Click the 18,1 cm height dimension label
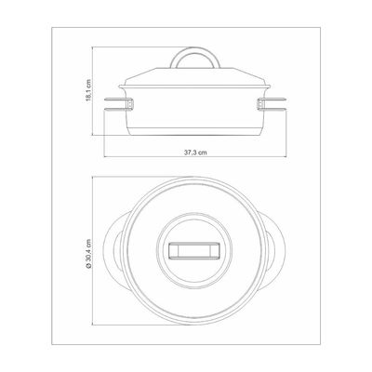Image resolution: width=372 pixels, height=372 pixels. pyautogui.click(x=88, y=90)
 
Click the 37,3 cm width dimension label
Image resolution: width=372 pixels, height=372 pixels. pyautogui.click(x=195, y=153)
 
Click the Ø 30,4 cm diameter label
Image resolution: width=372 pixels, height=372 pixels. pyautogui.click(x=89, y=254)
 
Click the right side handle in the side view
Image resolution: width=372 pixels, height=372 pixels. pyautogui.click(x=272, y=104)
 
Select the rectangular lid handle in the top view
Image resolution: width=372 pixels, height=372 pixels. pyautogui.click(x=194, y=251)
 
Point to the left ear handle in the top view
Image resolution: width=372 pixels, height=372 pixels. pyautogui.click(x=113, y=251)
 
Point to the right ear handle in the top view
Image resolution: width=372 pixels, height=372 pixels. pyautogui.click(x=275, y=251)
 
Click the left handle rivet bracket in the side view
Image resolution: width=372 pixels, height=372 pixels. pyautogui.click(x=130, y=104)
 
